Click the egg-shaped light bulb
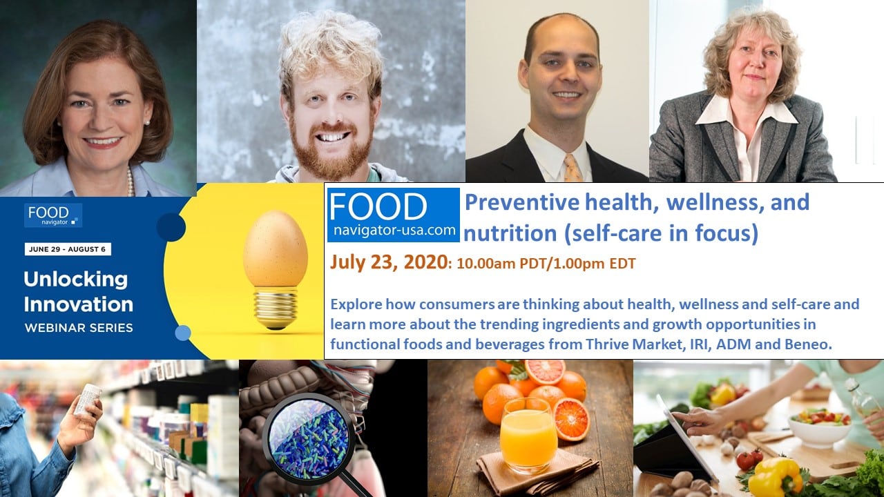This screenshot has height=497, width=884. pyautogui.click(x=275, y=269)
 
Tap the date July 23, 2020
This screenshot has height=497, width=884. pyautogui.click(x=389, y=262)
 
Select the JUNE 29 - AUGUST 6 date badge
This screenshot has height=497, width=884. pyautogui.click(x=68, y=249)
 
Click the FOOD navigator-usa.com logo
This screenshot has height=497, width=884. pyautogui.click(x=394, y=215)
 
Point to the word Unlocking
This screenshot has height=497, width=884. pyautogui.click(x=76, y=280)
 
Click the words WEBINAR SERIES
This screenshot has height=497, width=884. pyautogui.click(x=79, y=328)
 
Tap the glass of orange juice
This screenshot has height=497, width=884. pyautogui.click(x=528, y=436)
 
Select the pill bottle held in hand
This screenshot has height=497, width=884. pyautogui.click(x=88, y=400)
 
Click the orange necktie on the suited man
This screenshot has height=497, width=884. pyautogui.click(x=573, y=168)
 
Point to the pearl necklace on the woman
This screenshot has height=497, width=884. pyautogui.click(x=131, y=182)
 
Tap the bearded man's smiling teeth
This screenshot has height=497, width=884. pyautogui.click(x=331, y=137)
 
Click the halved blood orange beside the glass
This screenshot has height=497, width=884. pyautogui.click(x=570, y=419)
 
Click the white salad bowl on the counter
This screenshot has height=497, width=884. pyautogui.click(x=820, y=427)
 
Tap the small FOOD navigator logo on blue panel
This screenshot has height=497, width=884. pyautogui.click(x=53, y=215)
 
